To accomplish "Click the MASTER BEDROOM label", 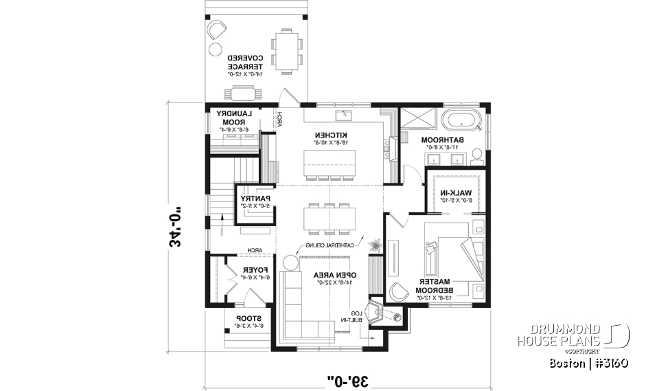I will [x=435, y=287].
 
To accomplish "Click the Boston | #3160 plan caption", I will [x=589, y=362].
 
